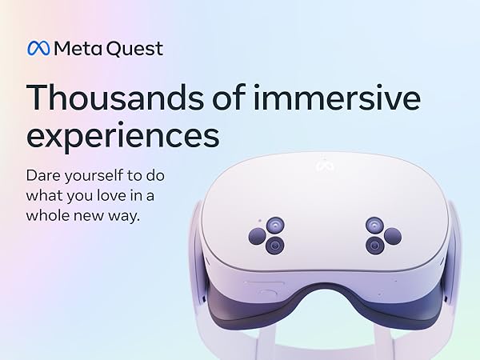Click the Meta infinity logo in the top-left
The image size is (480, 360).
click(38, 49)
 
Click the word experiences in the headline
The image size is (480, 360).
click(122, 136)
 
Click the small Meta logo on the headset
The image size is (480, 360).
click(323, 166)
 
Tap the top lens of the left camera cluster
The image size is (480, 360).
click(274, 225)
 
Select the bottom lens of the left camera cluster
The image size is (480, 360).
click(275, 245)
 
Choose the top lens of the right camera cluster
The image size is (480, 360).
click(374, 225)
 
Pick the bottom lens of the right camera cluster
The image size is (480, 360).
click(374, 245)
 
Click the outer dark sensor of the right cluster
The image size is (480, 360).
click(392, 235)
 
